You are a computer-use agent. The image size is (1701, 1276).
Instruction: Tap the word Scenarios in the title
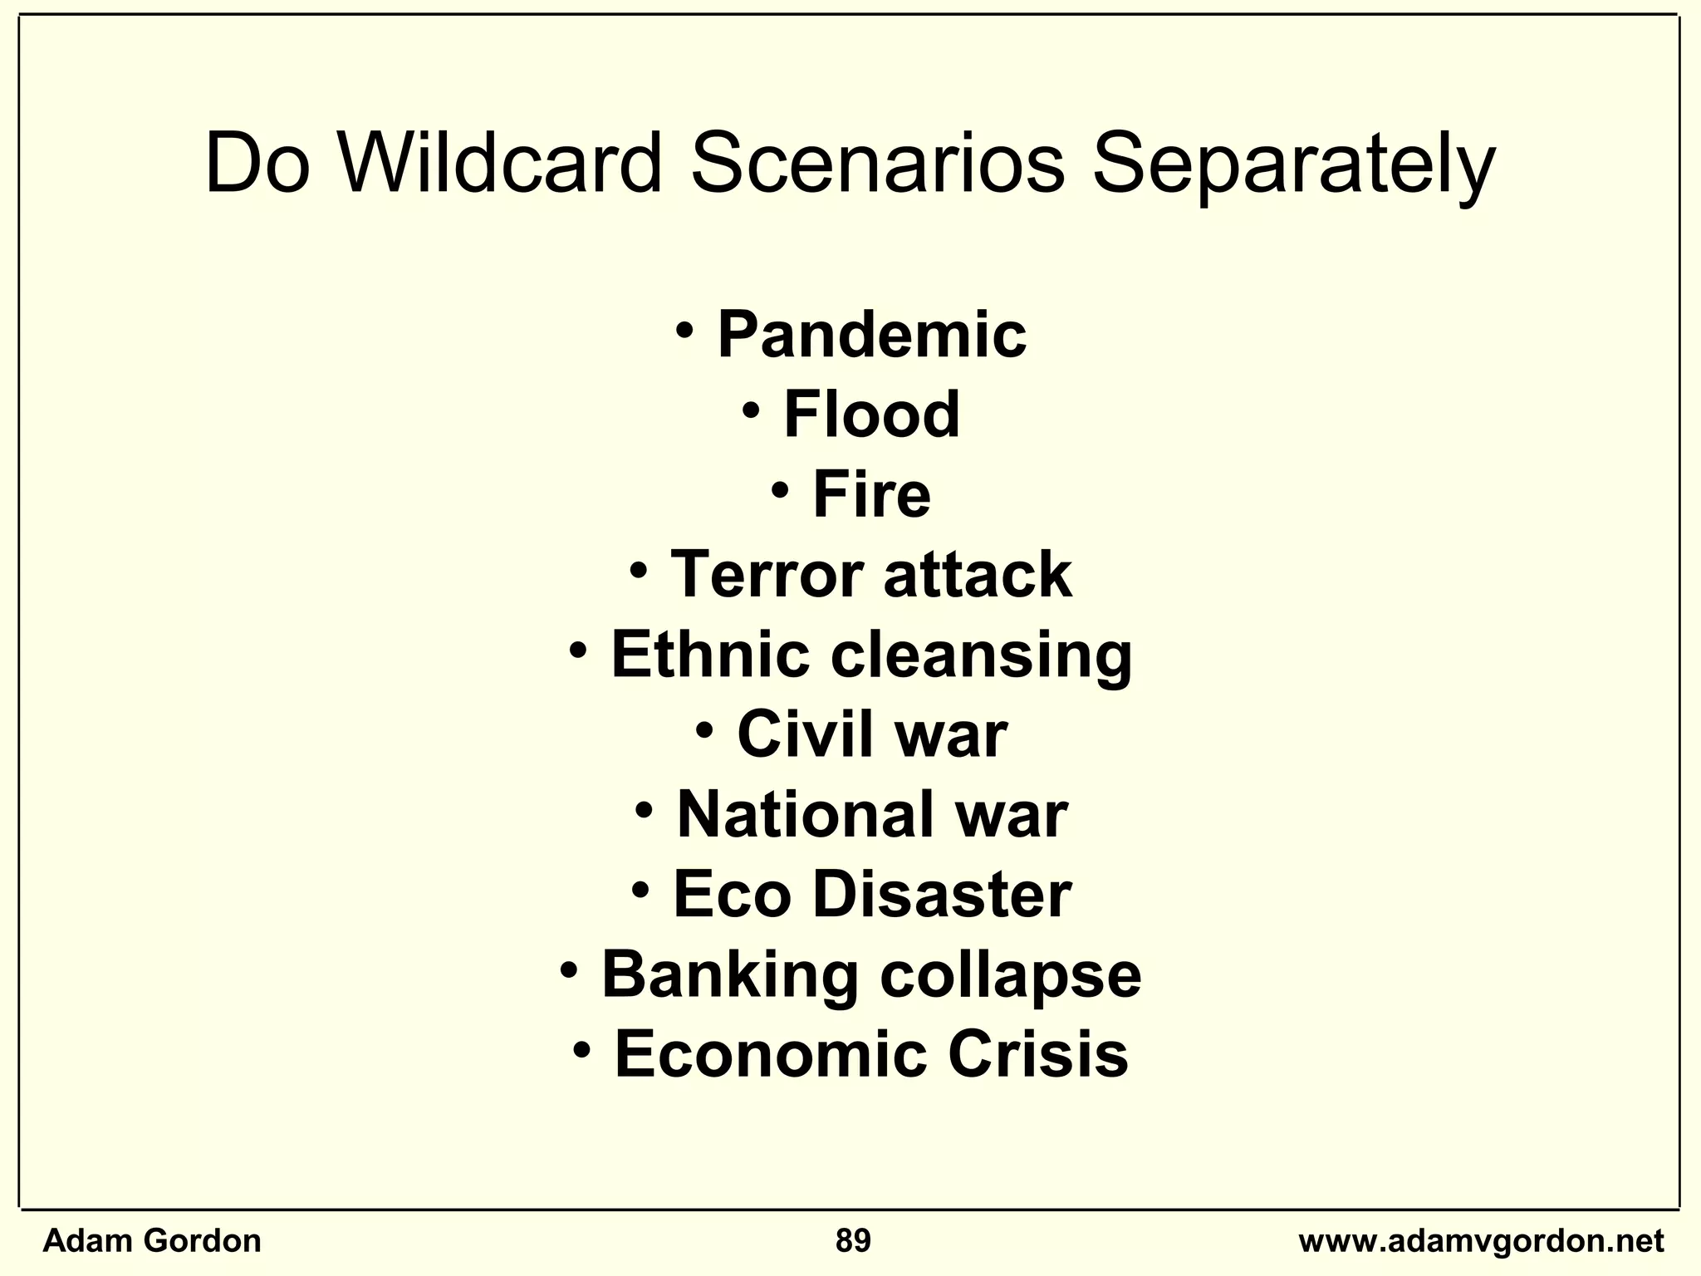tap(877, 164)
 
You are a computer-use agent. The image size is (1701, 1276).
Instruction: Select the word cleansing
tap(981, 654)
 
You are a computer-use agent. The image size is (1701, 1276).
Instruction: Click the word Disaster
tap(941, 894)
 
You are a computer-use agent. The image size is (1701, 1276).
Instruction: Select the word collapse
tap(1010, 974)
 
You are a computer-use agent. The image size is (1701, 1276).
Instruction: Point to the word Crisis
tap(1037, 1053)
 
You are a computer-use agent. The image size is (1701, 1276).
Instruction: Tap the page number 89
tap(853, 1241)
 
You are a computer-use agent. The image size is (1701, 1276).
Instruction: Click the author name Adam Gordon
tap(152, 1241)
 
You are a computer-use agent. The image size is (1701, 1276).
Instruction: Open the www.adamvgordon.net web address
tap(1481, 1241)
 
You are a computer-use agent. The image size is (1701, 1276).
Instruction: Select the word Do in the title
tap(257, 164)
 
